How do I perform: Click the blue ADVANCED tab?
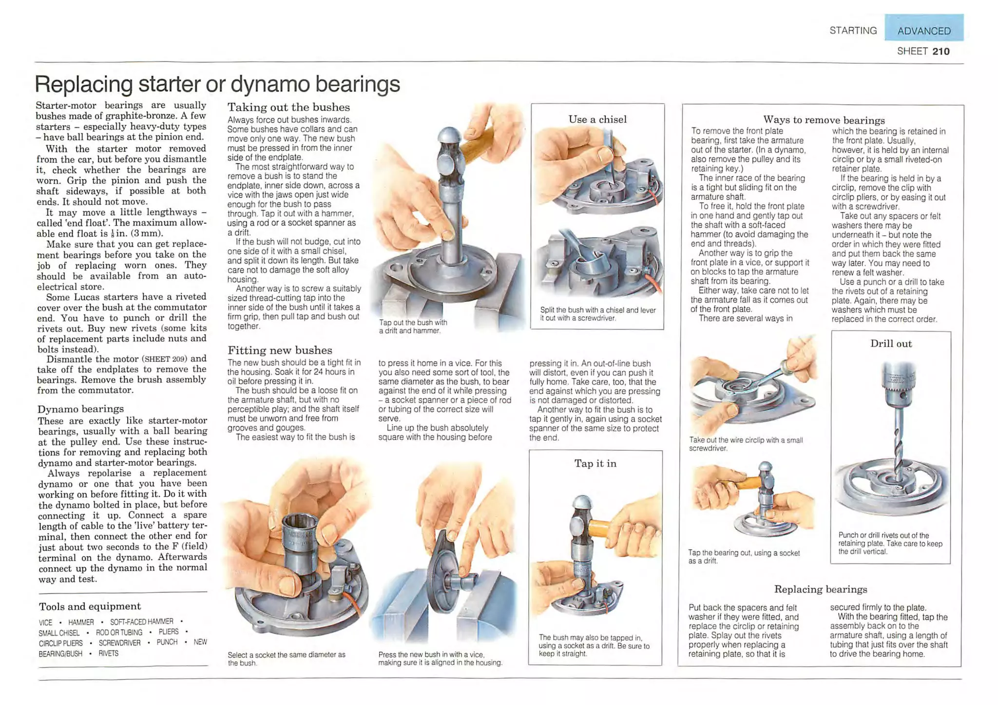click(x=924, y=28)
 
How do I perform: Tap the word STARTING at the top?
click(x=853, y=31)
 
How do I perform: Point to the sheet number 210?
click(x=940, y=51)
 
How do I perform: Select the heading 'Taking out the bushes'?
click(x=288, y=107)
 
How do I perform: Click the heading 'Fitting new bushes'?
click(x=280, y=350)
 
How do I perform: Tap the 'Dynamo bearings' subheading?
click(x=80, y=409)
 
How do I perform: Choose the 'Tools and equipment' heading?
click(x=90, y=606)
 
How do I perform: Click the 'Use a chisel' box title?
click(x=597, y=119)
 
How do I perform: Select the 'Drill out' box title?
click(x=891, y=343)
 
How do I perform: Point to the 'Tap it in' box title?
click(x=595, y=463)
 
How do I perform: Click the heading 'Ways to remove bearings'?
click(x=824, y=120)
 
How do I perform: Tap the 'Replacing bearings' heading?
click(x=821, y=589)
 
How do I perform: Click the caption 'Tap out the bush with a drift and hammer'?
click(x=413, y=326)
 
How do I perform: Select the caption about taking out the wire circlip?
click(x=746, y=444)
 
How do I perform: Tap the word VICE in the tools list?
click(x=45, y=623)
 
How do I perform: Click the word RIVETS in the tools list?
click(x=108, y=653)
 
